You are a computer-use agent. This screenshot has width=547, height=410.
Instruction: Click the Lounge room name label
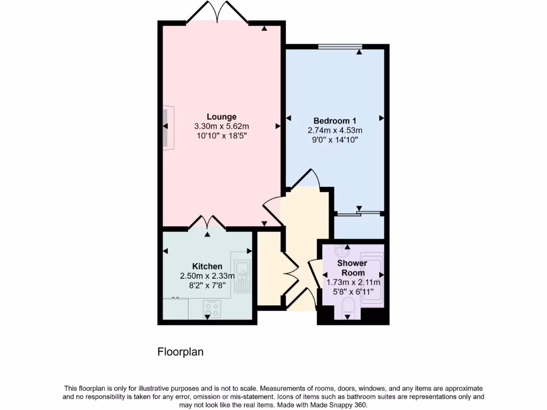[222, 116]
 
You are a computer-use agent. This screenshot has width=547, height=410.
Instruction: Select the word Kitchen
[207, 266]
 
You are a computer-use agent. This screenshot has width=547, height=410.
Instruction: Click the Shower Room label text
[352, 268]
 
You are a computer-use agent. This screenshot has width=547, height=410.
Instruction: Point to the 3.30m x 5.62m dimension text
[222, 127]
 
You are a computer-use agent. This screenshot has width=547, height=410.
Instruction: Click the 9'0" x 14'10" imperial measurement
[335, 140]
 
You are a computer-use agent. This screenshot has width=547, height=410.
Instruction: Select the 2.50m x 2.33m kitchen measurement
[207, 276]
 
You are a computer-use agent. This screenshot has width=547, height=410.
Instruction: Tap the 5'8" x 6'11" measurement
[353, 291]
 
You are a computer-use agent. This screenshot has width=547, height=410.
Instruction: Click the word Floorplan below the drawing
[180, 352]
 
